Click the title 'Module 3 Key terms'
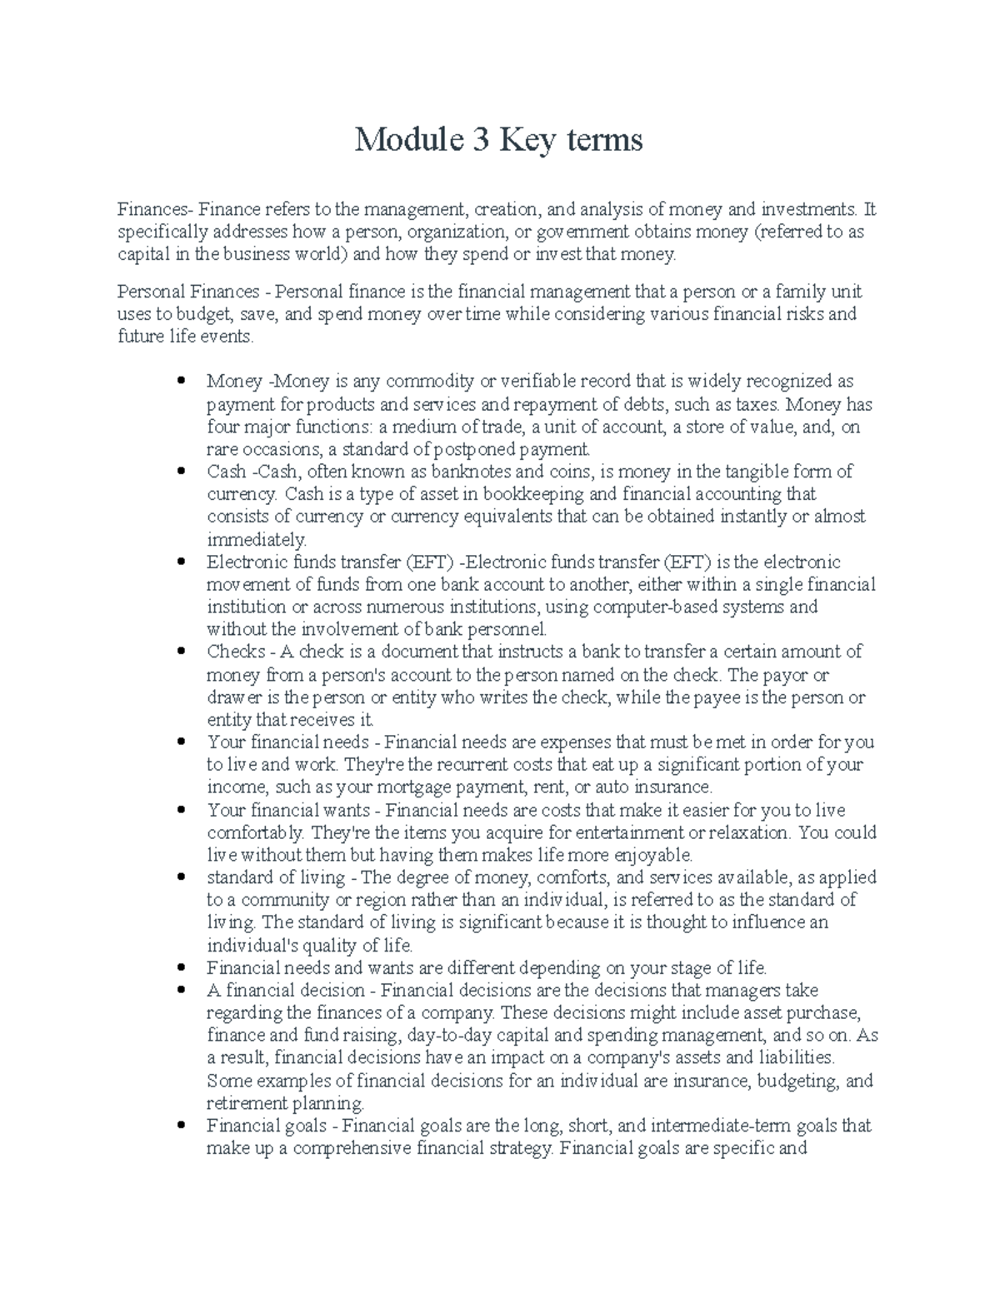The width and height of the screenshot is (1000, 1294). click(x=498, y=140)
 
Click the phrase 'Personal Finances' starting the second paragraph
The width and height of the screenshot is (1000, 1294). click(x=187, y=292)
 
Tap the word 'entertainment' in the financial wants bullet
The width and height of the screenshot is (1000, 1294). click(x=627, y=832)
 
